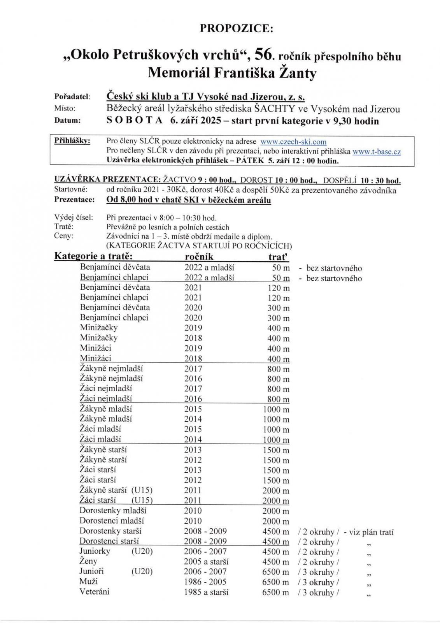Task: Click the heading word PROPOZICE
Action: coord(237,28)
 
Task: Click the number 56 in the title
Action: coord(261,56)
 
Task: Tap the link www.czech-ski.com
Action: coord(293,142)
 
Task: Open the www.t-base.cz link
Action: coord(376,152)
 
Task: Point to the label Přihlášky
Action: coord(72,141)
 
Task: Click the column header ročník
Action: coord(199,257)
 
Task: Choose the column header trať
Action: coord(279,257)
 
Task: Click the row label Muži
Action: coord(88,581)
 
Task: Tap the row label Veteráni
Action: coord(94,591)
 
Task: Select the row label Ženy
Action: coord(88,561)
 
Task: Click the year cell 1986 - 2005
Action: coord(205,582)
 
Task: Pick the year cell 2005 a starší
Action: coord(206,562)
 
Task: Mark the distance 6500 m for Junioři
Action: coord(275,572)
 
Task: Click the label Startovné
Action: coord(71,190)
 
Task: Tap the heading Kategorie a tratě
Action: coord(93,256)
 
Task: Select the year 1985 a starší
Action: coord(206,592)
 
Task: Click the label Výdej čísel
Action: coord(74,217)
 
